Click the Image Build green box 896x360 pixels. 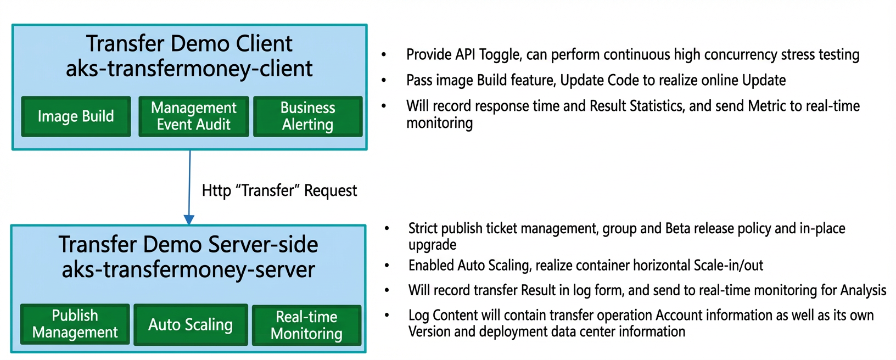(76, 116)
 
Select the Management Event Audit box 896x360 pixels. (194, 116)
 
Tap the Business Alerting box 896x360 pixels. (307, 116)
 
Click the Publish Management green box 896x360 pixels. (75, 324)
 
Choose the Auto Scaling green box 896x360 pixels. (191, 325)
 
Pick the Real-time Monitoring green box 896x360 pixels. (306, 325)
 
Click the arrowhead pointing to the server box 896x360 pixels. (189, 220)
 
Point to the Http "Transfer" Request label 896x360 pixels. (279, 190)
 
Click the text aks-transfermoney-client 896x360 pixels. (189, 69)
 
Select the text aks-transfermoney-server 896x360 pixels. (188, 269)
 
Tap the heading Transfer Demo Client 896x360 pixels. (189, 43)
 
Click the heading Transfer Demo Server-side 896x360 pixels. (188, 244)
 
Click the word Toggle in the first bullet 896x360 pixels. (500, 55)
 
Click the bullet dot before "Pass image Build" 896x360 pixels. (384, 81)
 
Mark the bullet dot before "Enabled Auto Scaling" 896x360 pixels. (387, 265)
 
